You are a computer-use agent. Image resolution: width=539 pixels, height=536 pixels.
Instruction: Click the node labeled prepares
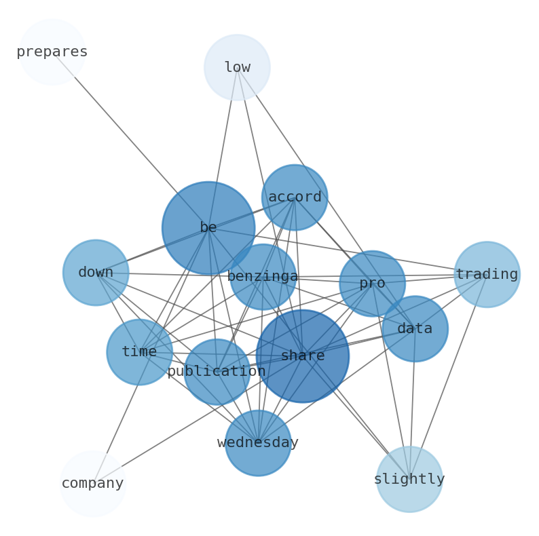[x=52, y=52]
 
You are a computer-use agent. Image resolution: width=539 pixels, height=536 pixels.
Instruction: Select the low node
[x=237, y=67]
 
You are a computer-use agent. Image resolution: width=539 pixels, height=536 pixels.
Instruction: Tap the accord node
[x=295, y=197]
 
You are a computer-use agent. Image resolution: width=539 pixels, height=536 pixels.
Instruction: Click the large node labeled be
[x=208, y=228]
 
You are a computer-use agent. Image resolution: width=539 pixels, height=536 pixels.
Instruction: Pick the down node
[x=96, y=273]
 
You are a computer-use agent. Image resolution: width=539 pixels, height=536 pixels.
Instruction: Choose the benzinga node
[x=263, y=277]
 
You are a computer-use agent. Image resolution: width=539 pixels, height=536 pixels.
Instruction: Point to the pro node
[x=372, y=284]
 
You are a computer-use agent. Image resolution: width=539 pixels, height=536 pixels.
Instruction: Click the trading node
[x=487, y=275]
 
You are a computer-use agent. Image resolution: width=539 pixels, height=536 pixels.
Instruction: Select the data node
[x=415, y=329]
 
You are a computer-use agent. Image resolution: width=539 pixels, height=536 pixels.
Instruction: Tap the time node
[x=139, y=352]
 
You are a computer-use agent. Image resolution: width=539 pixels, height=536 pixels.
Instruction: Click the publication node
[x=217, y=372]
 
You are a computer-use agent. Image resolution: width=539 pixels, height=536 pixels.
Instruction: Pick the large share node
[x=303, y=356]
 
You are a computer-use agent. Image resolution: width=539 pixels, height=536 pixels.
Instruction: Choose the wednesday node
[x=258, y=443]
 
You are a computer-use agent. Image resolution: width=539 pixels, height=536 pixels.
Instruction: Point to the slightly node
[x=409, y=479]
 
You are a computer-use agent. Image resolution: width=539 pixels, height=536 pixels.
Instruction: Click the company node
[x=93, y=484]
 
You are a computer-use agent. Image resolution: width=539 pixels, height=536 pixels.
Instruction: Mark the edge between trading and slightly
[x=448, y=377]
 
